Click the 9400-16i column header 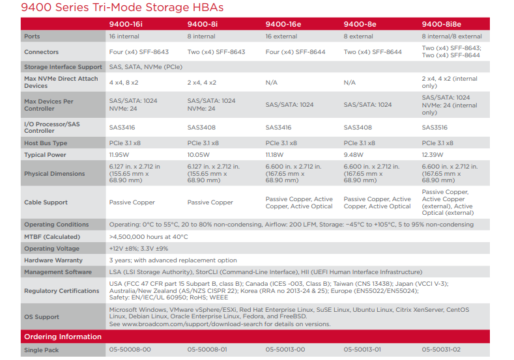coord(126,24)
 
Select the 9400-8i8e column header coord(442,24)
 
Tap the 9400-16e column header coord(283,24)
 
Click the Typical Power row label coord(44,155)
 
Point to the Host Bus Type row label coord(46,143)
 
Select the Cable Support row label coord(46,202)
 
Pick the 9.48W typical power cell coord(353,155)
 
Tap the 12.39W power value coord(433,155)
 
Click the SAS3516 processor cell coord(435,128)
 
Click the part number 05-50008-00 coord(130,350)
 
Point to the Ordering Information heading coord(63,337)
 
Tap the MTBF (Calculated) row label coord(52,237)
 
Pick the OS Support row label coord(42,317)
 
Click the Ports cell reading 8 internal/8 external coord(451,36)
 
